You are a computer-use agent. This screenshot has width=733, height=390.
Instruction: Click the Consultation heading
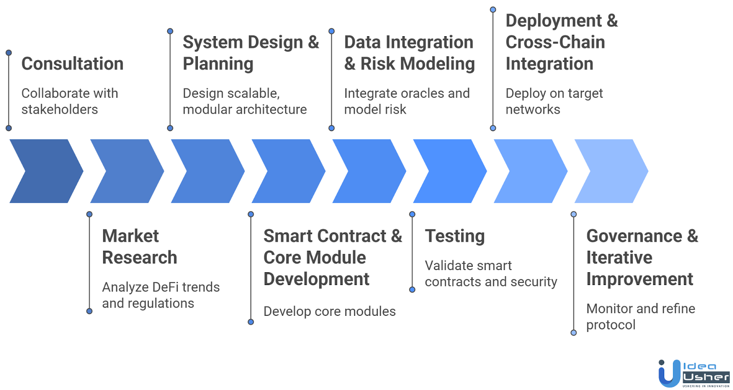coord(72,64)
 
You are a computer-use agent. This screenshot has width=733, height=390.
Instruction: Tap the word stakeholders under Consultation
coord(60,110)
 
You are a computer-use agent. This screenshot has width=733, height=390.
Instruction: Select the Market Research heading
coord(139,247)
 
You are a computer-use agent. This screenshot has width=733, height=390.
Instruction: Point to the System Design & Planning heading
coord(251,53)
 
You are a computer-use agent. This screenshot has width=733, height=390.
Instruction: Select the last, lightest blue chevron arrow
coord(612,171)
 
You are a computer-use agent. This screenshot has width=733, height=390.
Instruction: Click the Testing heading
coord(454,236)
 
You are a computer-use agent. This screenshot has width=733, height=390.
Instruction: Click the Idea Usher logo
coord(693,373)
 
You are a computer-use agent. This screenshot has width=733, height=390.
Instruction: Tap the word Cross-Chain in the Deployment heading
coord(555,42)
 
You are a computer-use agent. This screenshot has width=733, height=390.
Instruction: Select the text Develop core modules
coord(329,312)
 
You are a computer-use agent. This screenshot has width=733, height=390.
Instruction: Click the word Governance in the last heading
coord(634,236)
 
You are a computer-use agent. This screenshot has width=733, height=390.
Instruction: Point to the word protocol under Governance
coord(611,325)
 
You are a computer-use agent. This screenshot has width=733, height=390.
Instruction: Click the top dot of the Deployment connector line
coord(493,10)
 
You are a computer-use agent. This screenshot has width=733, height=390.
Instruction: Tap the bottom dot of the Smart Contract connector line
coord(251,322)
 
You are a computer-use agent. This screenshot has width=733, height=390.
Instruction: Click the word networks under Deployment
coord(533,110)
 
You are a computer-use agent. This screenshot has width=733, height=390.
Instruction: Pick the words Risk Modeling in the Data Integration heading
coord(417,64)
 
